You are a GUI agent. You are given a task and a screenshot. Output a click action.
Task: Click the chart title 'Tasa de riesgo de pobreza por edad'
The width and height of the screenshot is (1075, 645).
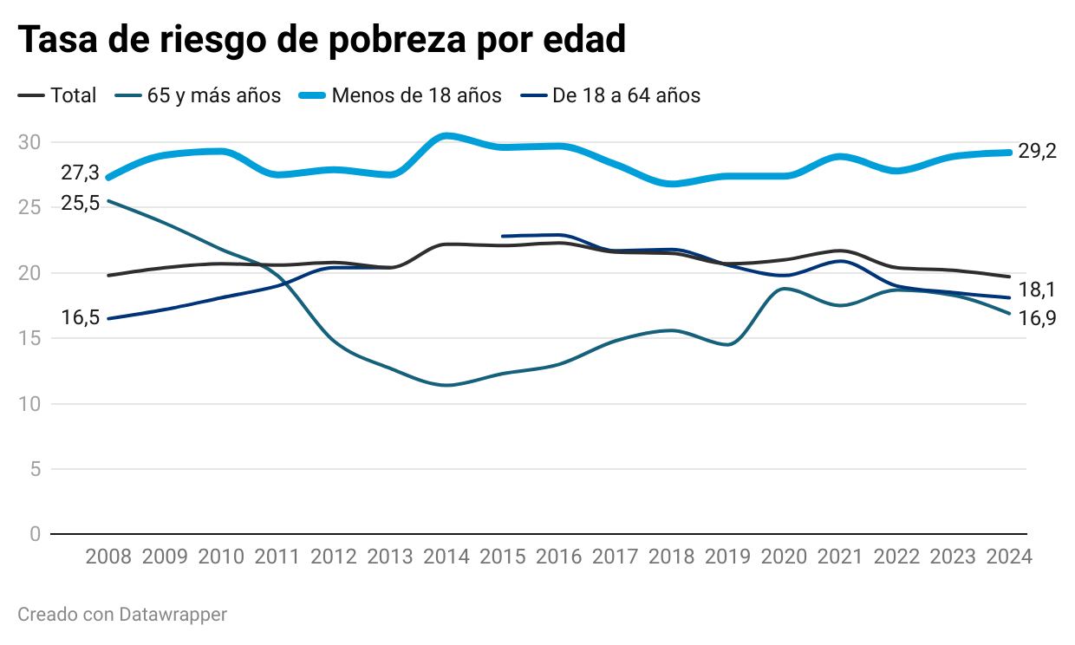[322, 40]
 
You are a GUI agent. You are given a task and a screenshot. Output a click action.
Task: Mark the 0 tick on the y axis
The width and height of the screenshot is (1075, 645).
[35, 534]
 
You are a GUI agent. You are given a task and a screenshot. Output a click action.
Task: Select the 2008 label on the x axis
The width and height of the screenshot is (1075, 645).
[108, 557]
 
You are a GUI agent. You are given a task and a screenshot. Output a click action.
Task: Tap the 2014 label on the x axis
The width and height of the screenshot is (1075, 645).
[446, 557]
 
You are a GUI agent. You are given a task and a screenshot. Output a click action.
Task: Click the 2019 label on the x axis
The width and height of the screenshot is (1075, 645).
[728, 557]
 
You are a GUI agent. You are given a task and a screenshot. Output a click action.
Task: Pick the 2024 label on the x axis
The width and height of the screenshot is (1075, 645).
[1009, 557]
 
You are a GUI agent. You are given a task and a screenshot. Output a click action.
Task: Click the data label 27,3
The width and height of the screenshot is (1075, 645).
[80, 173]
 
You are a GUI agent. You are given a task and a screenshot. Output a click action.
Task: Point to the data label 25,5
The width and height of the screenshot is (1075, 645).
[80, 203]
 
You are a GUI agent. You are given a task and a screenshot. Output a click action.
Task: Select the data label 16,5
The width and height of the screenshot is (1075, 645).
[80, 317]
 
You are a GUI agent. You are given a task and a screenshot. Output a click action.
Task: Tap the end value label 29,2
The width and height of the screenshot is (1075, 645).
[1038, 152]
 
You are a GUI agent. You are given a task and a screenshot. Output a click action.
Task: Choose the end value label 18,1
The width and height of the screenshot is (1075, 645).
[1038, 290]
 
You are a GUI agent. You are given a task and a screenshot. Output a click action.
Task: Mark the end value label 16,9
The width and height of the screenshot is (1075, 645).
[1038, 318]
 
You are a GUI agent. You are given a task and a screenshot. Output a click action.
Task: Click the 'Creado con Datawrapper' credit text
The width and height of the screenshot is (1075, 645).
[122, 615]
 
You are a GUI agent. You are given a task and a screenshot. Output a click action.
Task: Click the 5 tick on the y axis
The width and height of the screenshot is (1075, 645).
[35, 469]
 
